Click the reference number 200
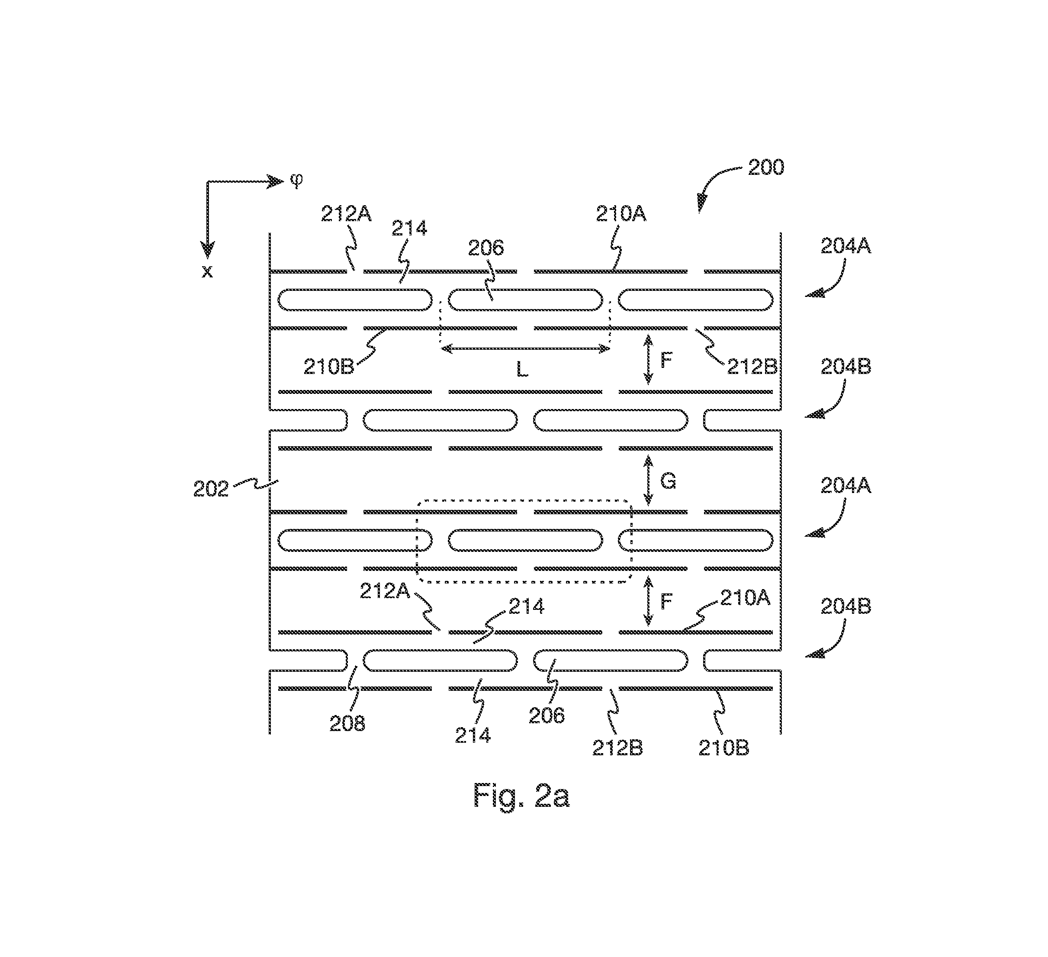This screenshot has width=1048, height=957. point(766,168)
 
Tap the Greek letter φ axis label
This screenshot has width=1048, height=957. point(296,180)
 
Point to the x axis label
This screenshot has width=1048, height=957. point(207,271)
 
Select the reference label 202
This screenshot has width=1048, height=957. point(211,489)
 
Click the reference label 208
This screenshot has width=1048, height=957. point(347,723)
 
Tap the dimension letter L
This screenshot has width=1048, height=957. point(522,370)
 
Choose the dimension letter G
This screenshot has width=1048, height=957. point(668,482)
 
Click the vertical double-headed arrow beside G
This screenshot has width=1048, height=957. point(648,480)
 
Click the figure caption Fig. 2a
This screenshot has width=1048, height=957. point(521,795)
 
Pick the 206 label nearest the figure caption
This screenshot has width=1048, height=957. point(547,715)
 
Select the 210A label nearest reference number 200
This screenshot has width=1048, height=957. point(620,214)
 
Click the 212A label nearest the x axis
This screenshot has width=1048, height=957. point(346,214)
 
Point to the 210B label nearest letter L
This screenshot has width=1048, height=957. point(328,367)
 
